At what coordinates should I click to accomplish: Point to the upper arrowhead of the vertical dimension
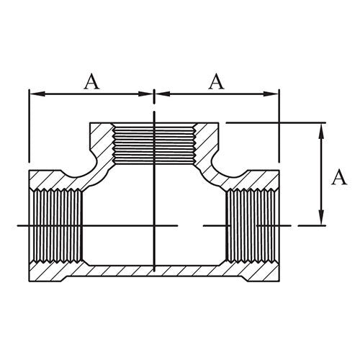(x=319, y=127)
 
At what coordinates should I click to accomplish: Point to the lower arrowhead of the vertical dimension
(x=319, y=222)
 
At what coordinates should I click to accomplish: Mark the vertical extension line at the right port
(x=279, y=130)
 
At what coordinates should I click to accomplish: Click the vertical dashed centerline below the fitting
(x=154, y=302)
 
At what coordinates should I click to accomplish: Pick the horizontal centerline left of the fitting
(x=22, y=226)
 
